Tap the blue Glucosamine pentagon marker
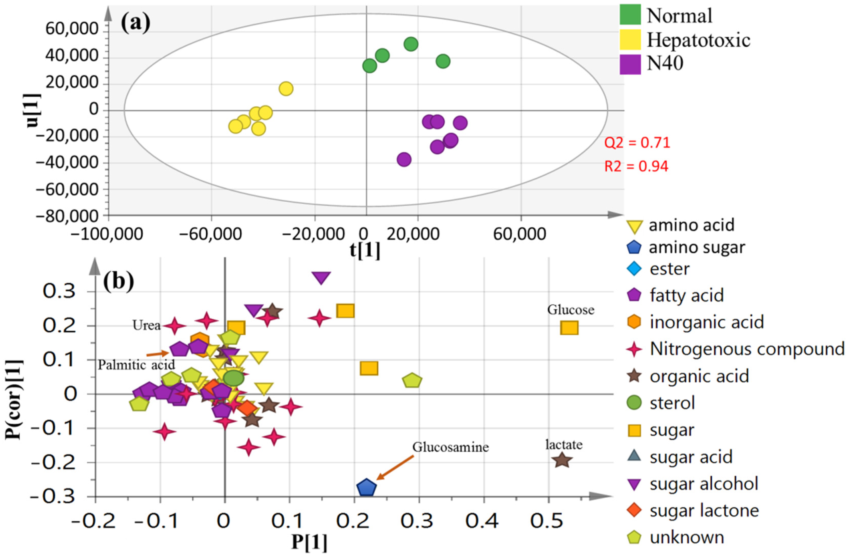(x=367, y=488)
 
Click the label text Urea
(x=147, y=325)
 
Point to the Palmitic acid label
(x=136, y=365)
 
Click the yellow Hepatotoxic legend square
(x=630, y=39)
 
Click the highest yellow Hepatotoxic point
(x=286, y=88)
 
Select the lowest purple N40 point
(x=404, y=159)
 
